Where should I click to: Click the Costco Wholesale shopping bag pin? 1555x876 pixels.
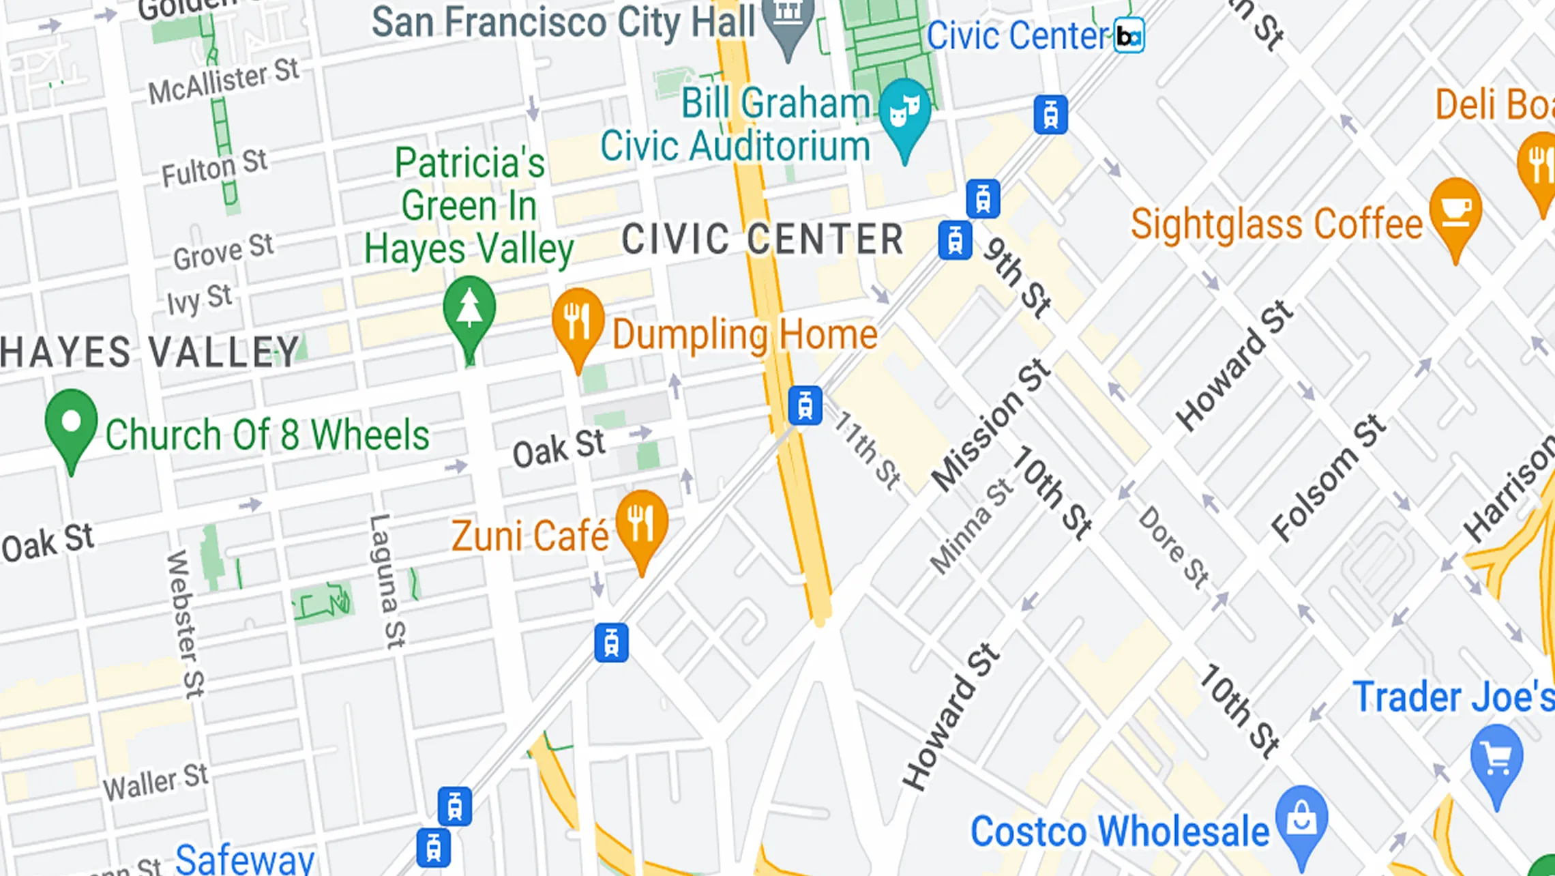(1301, 819)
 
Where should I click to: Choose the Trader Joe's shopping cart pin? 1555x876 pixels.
(1496, 757)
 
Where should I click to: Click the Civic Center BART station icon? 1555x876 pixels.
(1129, 35)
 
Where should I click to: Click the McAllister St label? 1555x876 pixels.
(224, 81)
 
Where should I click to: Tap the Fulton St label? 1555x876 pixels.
(214, 168)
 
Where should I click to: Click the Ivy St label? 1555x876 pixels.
(200, 299)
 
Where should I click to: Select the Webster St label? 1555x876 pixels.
(185, 624)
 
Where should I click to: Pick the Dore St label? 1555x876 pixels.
(1174, 546)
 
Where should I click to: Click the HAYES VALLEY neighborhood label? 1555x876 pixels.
(149, 352)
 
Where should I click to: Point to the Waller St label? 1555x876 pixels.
(155, 781)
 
